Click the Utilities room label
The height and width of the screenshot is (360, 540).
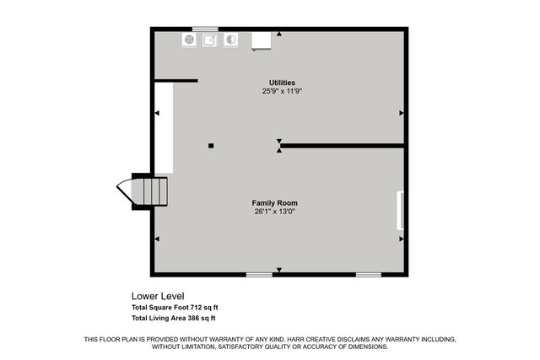pos(282,82)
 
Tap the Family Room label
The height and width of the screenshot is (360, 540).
pos(275,203)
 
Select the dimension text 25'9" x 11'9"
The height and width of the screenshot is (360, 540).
pos(282,90)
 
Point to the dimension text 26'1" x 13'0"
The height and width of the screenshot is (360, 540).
pos(275,212)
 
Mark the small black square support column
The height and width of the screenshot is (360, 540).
pos(211,146)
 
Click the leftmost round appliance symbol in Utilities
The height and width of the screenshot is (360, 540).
pos(189,39)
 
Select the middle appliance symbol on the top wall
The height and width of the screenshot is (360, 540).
pos(209,39)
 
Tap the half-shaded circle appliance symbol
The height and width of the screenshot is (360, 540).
pos(230,39)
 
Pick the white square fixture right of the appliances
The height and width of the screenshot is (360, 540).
pos(260,40)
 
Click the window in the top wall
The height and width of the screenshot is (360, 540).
pos(205,29)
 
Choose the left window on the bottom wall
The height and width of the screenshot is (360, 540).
pos(259,274)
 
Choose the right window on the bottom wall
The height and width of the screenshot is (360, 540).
pos(368,274)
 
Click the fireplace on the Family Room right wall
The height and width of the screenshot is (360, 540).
pos(400,210)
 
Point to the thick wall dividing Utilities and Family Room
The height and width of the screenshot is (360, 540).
pos(342,146)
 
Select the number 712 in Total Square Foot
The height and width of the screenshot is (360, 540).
pos(197,308)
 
